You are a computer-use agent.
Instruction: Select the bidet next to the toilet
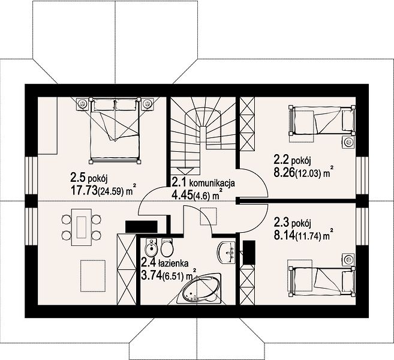151,247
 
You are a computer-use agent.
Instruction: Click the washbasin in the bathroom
226,253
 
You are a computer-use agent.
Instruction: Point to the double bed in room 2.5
115,131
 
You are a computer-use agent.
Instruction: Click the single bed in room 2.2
322,120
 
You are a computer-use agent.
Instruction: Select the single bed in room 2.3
322,282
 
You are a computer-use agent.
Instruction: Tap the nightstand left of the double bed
82,103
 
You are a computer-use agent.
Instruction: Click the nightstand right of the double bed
147,103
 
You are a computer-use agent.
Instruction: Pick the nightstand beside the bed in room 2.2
349,142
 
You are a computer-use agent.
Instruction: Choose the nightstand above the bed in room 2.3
349,259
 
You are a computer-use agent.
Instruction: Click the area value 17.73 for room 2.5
84,191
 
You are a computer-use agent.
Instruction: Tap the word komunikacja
212,183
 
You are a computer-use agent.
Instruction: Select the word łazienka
173,263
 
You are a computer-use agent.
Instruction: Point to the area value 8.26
284,173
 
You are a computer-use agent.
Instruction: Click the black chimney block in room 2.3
249,253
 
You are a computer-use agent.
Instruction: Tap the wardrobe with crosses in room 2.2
247,124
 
